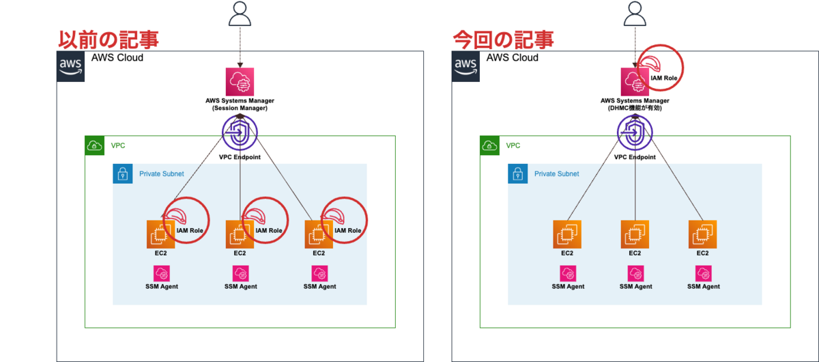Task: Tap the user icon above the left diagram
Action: (x=240, y=14)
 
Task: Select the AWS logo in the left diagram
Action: (x=71, y=66)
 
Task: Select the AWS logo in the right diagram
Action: (x=466, y=66)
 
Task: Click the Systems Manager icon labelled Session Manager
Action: (x=240, y=81)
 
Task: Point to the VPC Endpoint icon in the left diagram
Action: (x=240, y=133)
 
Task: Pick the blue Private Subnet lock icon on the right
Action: (x=518, y=173)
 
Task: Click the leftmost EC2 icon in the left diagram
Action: (x=160, y=234)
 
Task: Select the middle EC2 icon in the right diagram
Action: (x=635, y=234)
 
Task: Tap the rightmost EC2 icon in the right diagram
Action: (x=703, y=234)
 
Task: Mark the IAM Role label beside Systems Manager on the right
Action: (x=664, y=79)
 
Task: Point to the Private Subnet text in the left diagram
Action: (x=162, y=174)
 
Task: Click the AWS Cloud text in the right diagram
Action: (x=513, y=58)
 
